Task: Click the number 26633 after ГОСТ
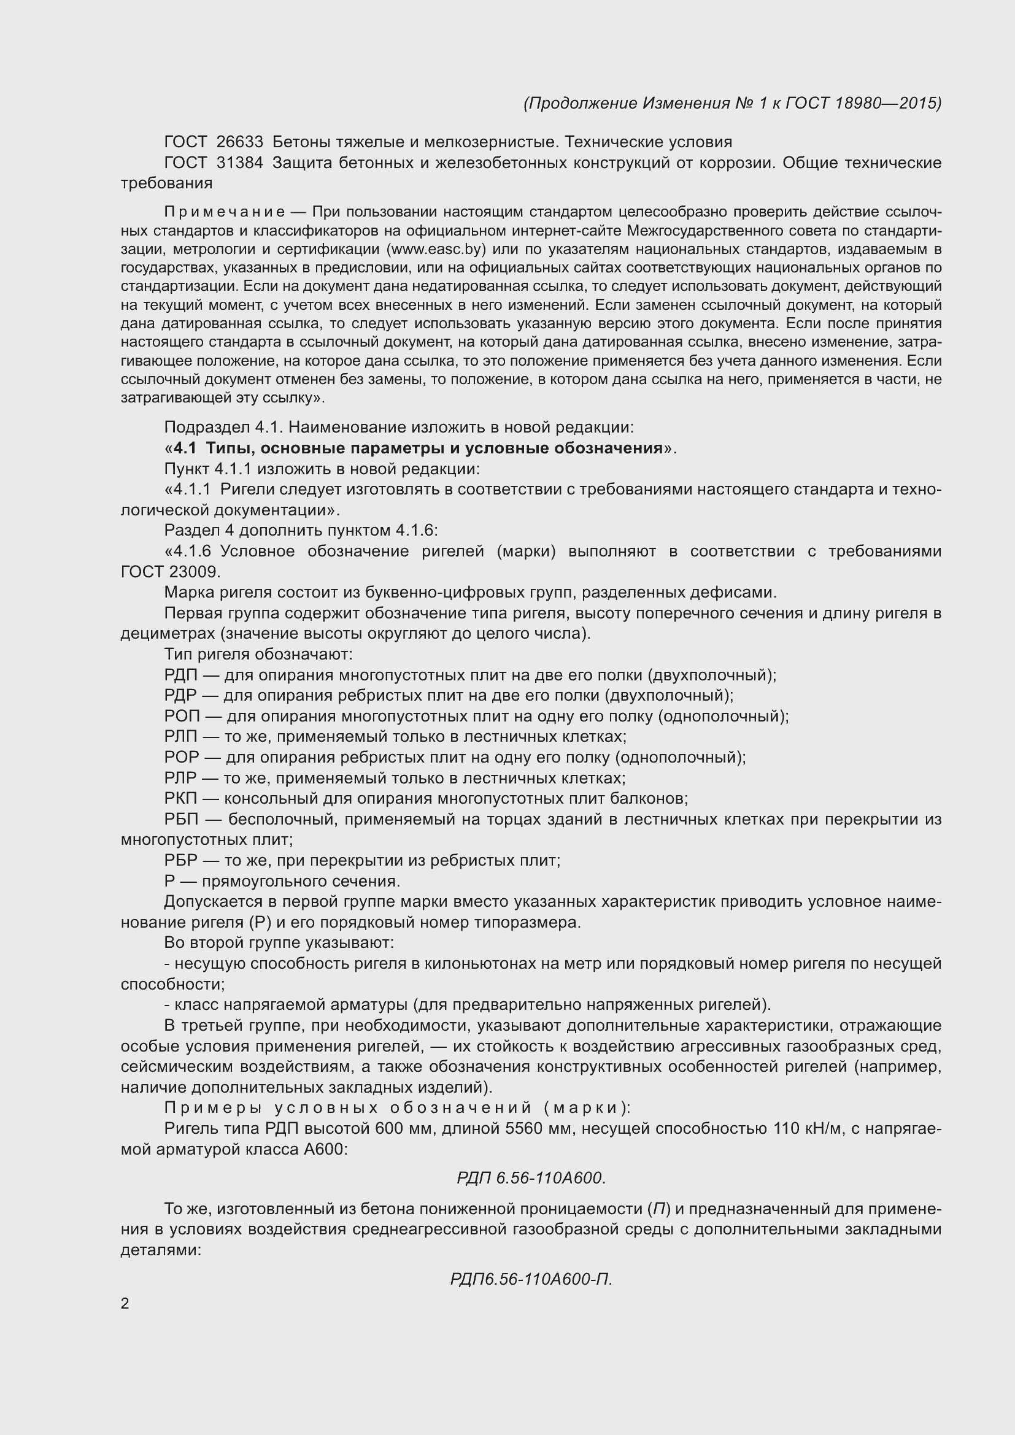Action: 240,142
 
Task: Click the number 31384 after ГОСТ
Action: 240,163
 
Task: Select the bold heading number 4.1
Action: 185,448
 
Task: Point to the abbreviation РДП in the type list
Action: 180,675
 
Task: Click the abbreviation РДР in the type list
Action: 180,696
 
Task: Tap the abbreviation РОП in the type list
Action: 182,716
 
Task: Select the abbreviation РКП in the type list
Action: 180,799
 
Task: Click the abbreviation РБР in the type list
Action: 180,861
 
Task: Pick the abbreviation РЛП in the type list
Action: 180,737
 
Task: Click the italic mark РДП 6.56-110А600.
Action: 531,1178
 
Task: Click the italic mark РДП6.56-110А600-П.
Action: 531,1279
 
